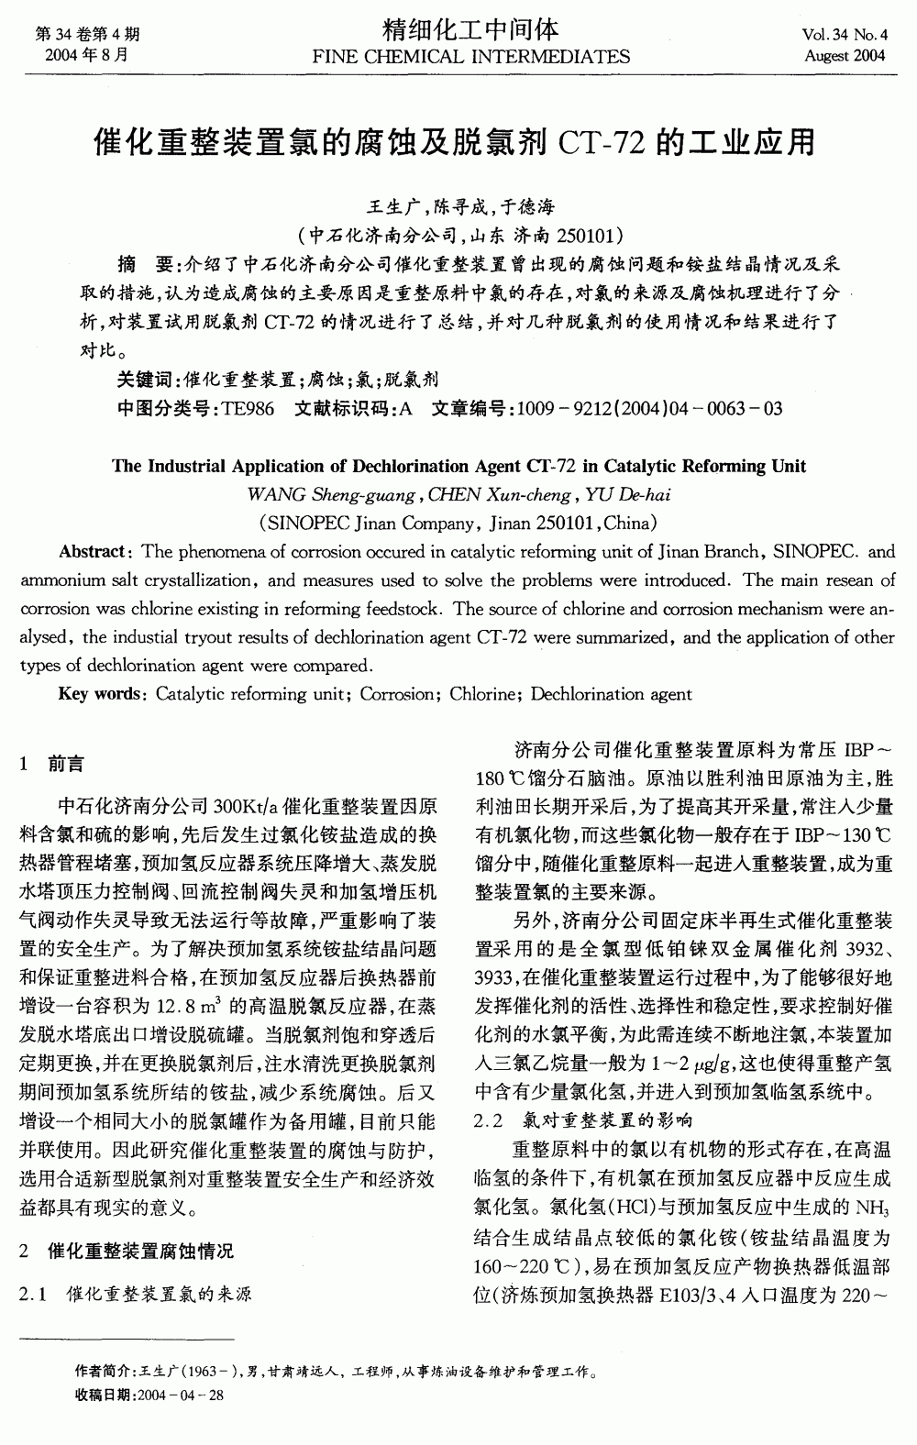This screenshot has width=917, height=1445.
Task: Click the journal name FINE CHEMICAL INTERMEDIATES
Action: (x=471, y=57)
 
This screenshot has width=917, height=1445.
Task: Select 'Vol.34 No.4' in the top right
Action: (x=844, y=35)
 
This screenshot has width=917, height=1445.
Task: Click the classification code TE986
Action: (x=248, y=408)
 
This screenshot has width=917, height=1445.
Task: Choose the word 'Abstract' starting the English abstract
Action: (x=92, y=552)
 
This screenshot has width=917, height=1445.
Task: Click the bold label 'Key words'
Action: (x=98, y=694)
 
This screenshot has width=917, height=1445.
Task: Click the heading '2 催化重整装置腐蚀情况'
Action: (x=127, y=1250)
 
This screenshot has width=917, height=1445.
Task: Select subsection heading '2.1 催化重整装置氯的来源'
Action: (x=136, y=1294)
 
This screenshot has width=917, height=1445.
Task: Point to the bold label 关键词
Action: (x=146, y=379)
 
